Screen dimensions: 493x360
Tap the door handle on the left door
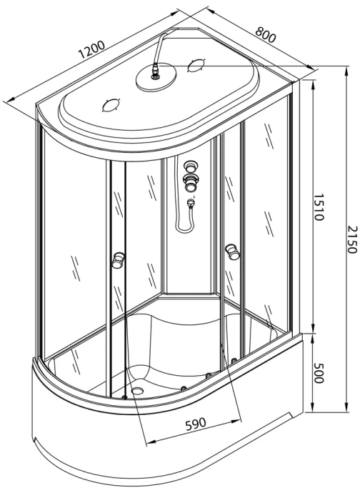tap(116, 261)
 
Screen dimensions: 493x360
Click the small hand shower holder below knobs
tap(190, 204)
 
